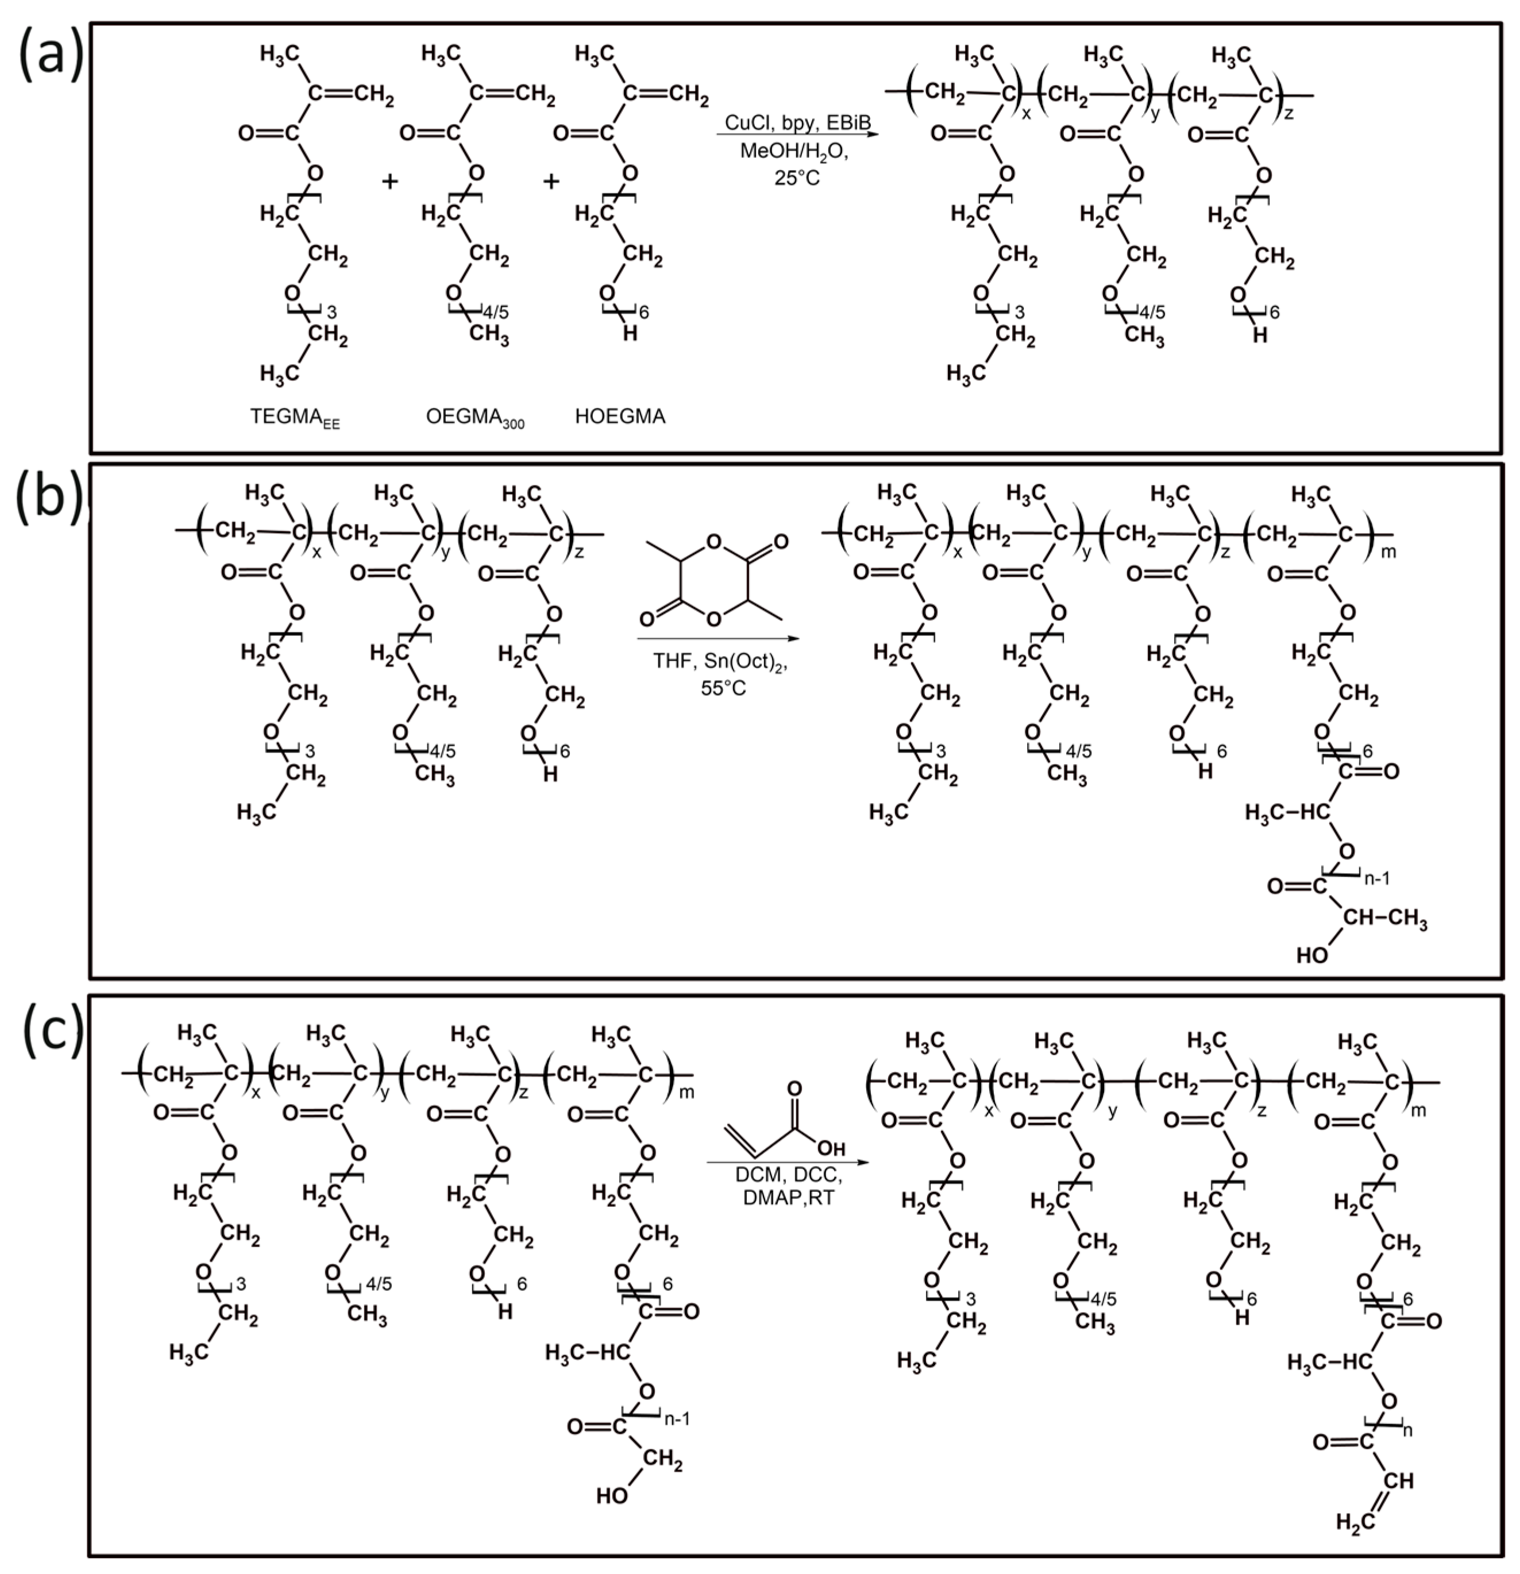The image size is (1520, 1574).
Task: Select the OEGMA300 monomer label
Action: (474, 418)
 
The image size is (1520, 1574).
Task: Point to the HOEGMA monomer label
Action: (620, 416)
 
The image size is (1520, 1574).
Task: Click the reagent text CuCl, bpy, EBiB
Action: (797, 122)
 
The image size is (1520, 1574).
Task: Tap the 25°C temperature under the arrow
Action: (797, 178)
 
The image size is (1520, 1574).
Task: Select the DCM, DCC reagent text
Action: (788, 1175)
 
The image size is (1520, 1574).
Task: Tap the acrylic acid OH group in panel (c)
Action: (831, 1148)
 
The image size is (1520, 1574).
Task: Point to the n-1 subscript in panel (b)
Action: (1376, 878)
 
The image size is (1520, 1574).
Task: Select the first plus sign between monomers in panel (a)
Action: (389, 182)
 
